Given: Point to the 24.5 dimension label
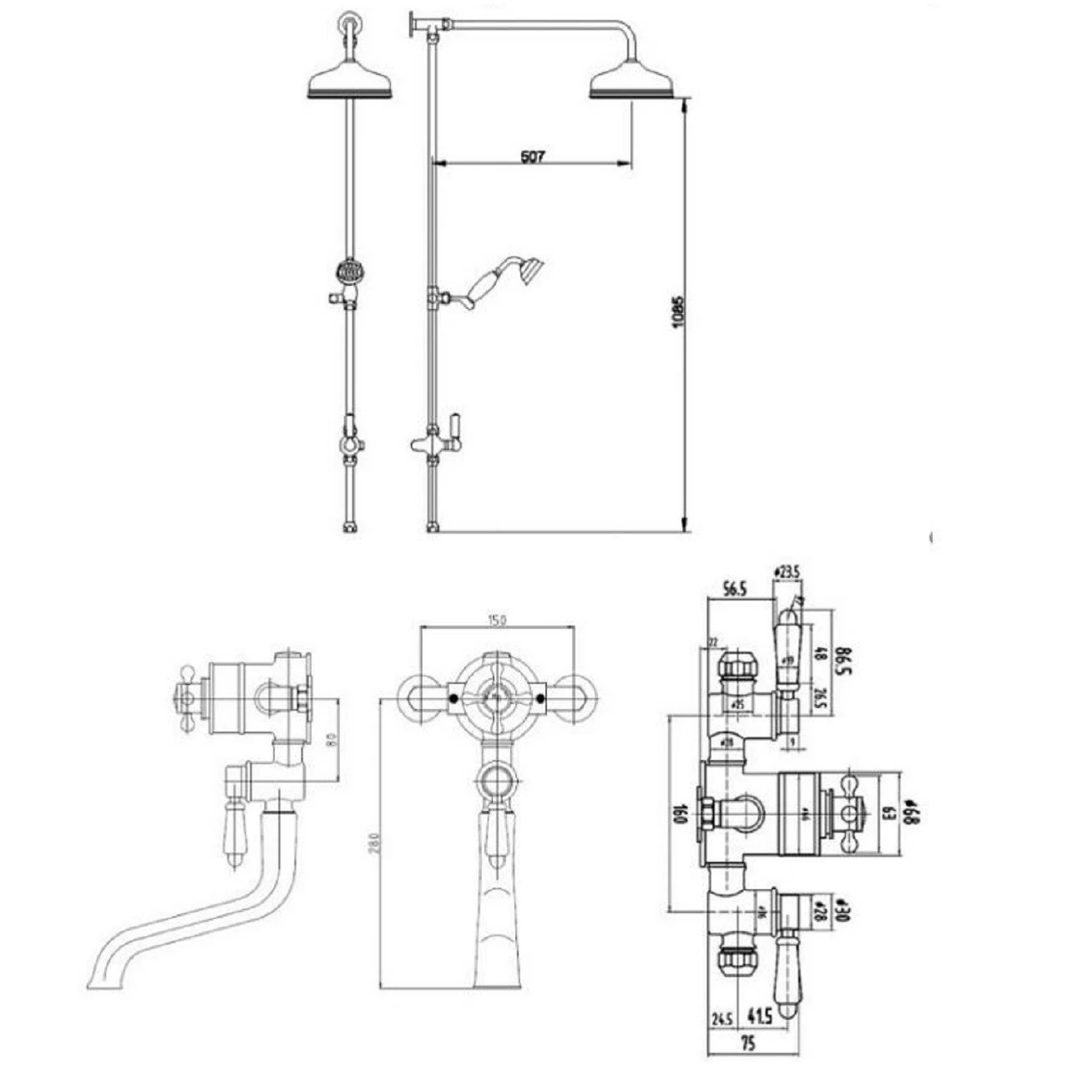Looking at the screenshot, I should (x=722, y=1017).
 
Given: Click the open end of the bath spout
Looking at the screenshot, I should (x=97, y=979).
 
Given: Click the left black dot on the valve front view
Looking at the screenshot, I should (x=452, y=697).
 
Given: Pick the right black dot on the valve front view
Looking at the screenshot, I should (x=541, y=697).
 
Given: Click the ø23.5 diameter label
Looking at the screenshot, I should (x=787, y=572).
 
